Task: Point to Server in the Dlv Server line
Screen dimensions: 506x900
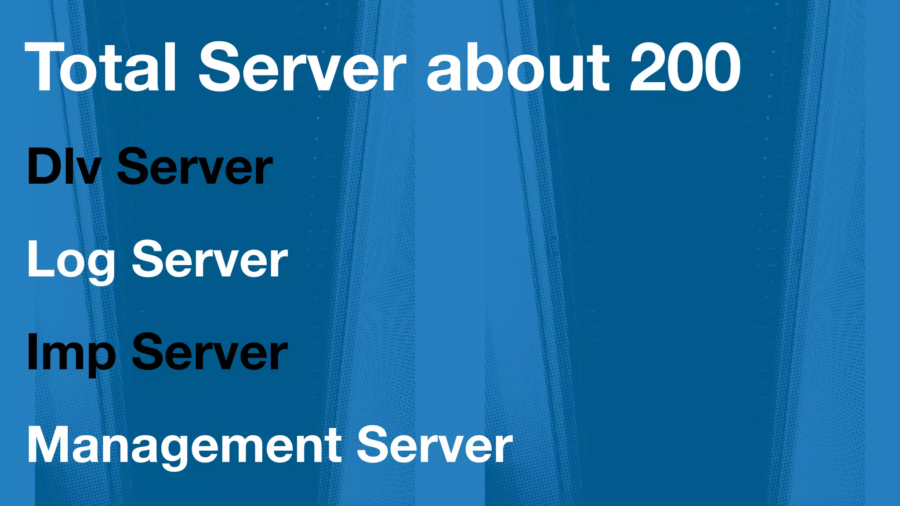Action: click(x=195, y=167)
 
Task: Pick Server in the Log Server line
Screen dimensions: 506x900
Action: click(x=210, y=260)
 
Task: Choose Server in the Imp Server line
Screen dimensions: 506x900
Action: click(x=210, y=353)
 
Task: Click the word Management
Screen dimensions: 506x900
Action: click(x=185, y=445)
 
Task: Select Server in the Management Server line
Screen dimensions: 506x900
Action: click(x=434, y=445)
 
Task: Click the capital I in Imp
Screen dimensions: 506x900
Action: click(x=32, y=353)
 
